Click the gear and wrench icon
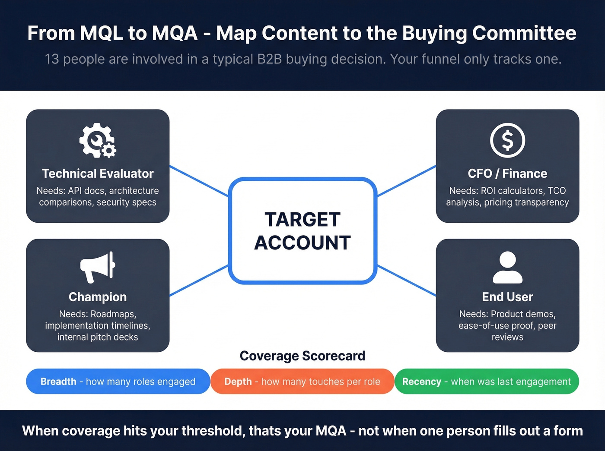98,140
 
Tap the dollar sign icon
507,140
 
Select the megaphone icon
98,267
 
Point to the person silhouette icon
507,267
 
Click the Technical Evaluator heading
98,173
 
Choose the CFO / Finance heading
507,173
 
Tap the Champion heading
98,297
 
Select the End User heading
507,297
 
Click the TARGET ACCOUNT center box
302,231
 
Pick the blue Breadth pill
118,382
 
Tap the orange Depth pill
302,382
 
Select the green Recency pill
487,382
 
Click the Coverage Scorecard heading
302,356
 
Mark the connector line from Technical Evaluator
199,181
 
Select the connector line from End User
407,281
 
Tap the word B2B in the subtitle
269,59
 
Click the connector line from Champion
199,281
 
